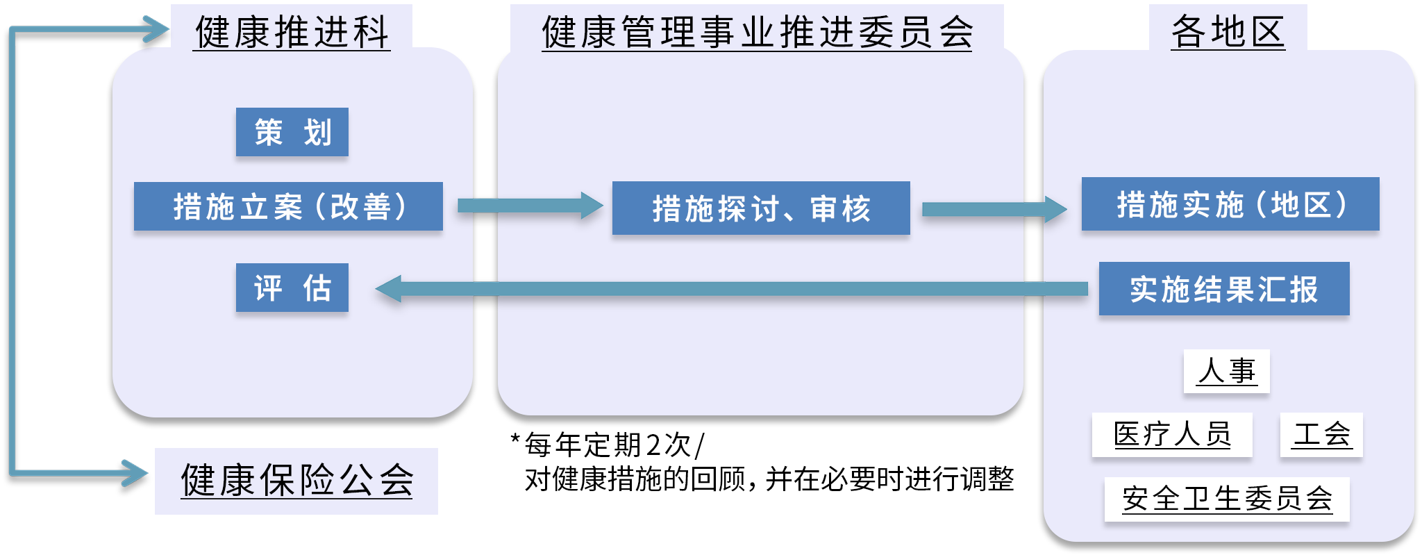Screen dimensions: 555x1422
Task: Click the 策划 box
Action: [x=292, y=132]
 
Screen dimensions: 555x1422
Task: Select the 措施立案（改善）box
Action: [x=288, y=206]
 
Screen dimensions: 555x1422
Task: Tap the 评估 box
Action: [x=292, y=288]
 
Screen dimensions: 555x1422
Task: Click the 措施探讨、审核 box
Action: [x=761, y=208]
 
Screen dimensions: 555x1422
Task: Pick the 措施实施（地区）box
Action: [x=1230, y=204]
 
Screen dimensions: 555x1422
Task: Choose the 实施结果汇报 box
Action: [x=1224, y=289]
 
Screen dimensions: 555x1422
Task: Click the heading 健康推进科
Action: [x=292, y=32]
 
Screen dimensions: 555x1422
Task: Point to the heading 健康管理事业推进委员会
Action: [x=757, y=32]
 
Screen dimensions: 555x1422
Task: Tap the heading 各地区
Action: [x=1228, y=32]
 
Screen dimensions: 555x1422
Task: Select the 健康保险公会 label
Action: [x=296, y=481]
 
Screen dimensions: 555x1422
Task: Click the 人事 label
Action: [x=1226, y=371]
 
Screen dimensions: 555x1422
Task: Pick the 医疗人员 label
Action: [x=1172, y=435]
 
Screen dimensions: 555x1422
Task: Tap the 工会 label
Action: [x=1321, y=435]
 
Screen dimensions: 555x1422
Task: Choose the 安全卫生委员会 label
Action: [x=1227, y=499]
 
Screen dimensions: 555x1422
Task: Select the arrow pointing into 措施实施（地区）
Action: [x=993, y=209]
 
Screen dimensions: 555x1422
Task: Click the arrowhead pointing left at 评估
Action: [x=389, y=289]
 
